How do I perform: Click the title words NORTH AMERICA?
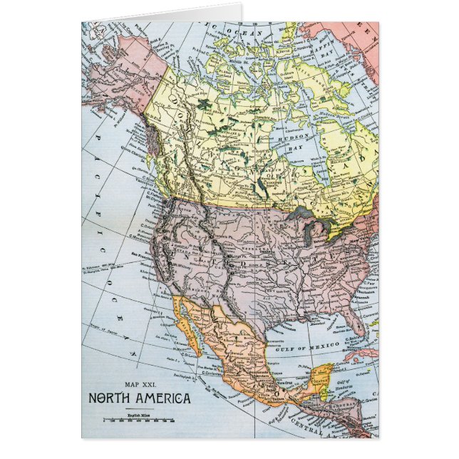coord(140,398)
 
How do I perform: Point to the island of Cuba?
coord(356,354)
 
